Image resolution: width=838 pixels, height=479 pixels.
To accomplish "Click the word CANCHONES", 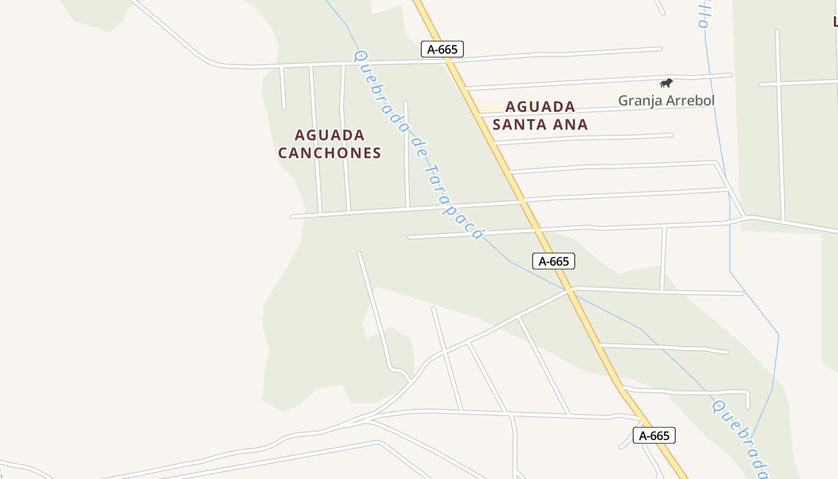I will (x=329, y=153).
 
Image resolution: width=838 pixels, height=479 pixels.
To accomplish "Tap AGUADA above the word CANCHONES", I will (x=329, y=135).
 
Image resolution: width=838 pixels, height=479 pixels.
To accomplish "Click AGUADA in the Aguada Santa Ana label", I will (x=540, y=107).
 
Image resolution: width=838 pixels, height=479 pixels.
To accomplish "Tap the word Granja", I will (x=640, y=100).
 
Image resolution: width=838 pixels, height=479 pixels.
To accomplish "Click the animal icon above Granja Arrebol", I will (x=666, y=83).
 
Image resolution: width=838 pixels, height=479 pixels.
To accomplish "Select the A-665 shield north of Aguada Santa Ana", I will (x=442, y=49).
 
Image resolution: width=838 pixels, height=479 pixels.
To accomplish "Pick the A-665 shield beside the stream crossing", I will (x=554, y=261).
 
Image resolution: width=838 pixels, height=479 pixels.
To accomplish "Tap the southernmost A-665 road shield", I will (x=654, y=435).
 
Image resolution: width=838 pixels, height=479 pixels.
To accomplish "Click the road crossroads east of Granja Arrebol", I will (x=778, y=83).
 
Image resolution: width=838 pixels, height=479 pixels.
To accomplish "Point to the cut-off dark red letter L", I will (x=834, y=22).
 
